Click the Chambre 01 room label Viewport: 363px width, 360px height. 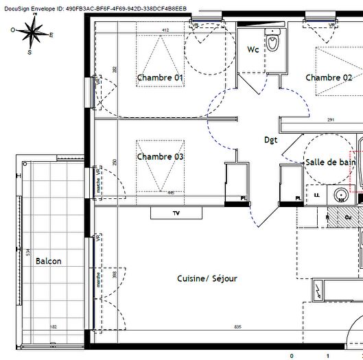point(160,78)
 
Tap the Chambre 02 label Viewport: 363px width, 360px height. point(329,78)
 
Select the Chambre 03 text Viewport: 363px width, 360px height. point(160,156)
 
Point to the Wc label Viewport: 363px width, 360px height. point(253,49)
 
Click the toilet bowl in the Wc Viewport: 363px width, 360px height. point(274,43)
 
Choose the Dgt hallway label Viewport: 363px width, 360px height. point(272,139)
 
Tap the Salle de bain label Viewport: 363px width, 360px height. point(331,162)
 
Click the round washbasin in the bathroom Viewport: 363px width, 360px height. point(341,196)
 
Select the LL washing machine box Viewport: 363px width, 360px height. point(317,196)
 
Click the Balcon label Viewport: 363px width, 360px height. point(49,261)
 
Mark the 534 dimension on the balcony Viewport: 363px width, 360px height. point(27,252)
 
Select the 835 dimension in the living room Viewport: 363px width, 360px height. point(238,326)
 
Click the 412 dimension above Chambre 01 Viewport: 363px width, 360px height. point(165,30)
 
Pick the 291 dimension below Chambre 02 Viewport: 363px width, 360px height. point(330,120)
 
